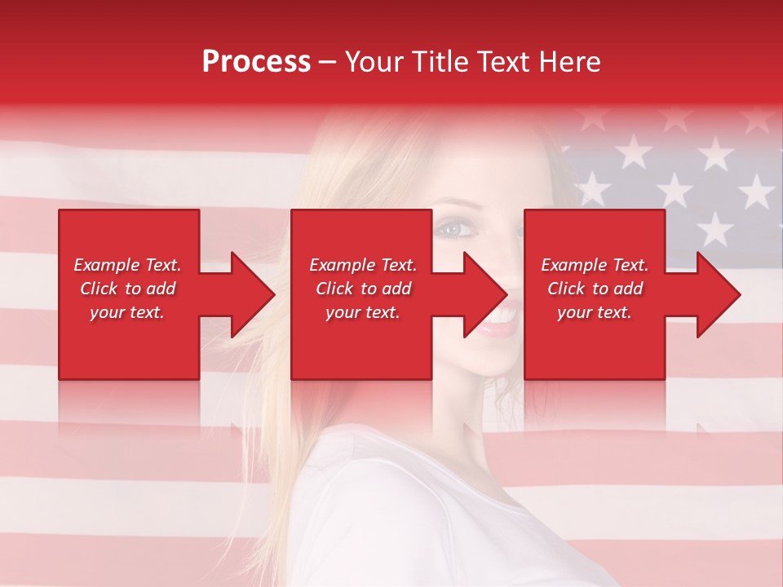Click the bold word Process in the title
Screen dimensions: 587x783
pos(256,62)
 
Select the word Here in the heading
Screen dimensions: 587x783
pos(569,62)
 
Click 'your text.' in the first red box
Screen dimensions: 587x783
pos(127,312)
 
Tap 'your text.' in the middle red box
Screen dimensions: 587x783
pos(363,312)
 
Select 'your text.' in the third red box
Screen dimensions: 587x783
pos(595,312)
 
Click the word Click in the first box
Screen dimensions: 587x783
pos(100,289)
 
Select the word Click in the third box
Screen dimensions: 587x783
pos(567,289)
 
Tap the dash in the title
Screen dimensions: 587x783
pos(328,63)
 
